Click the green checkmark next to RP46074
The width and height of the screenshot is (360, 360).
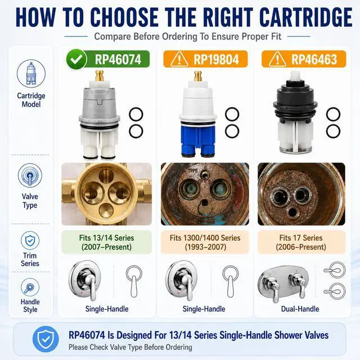tap(76, 60)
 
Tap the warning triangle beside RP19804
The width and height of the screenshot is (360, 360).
tap(179, 60)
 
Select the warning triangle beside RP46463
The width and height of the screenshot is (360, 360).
tap(277, 60)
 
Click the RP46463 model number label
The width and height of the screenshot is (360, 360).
tap(314, 60)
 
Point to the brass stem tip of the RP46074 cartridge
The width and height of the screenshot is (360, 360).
tap(100, 76)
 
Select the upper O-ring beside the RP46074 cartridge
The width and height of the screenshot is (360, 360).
tap(136, 114)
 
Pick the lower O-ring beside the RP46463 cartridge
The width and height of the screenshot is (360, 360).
tap(333, 131)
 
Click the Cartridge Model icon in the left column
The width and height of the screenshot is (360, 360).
tap(31, 74)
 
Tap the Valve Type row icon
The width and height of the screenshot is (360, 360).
tap(30, 175)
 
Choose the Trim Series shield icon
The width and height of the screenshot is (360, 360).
tap(30, 240)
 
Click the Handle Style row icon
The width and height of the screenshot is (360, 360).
tap(30, 287)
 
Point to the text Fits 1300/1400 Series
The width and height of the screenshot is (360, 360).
tap(205, 238)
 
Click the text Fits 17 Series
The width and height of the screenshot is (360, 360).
tap(301, 238)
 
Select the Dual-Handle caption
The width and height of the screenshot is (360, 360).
tap(300, 309)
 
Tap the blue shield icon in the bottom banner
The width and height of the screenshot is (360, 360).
tap(46, 339)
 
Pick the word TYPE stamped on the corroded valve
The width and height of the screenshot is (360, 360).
tap(192, 171)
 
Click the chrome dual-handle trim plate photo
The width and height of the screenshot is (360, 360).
tap(283, 283)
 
